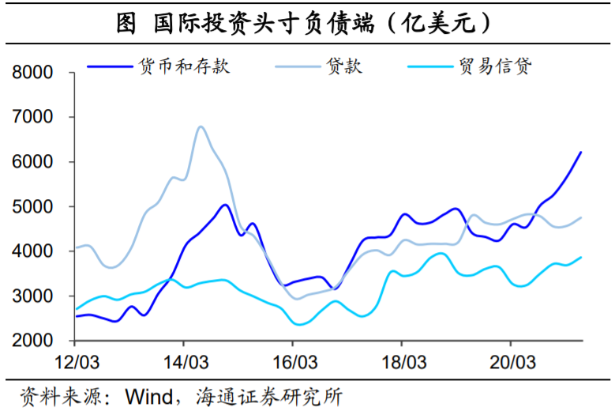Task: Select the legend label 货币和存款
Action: point(184,66)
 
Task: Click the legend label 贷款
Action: point(343,66)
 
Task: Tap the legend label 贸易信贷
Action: point(495,66)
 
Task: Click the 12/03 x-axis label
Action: point(75,362)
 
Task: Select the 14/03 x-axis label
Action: point(184,362)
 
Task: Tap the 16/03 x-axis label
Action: point(293,362)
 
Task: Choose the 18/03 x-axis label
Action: point(402,362)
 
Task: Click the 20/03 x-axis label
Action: point(510,362)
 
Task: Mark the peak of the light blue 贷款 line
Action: point(201,126)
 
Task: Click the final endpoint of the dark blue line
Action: point(581,152)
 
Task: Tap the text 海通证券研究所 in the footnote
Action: point(268,395)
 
